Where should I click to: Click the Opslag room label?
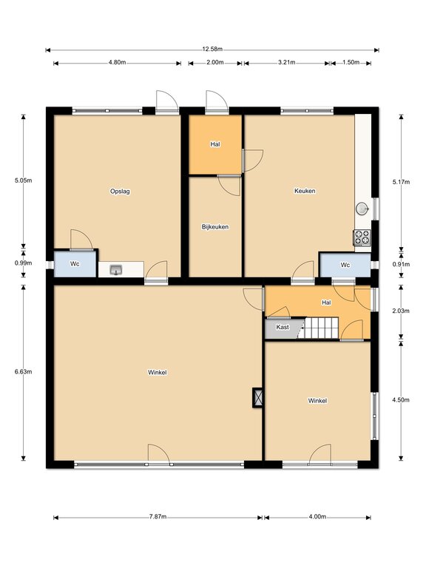tap(120, 192)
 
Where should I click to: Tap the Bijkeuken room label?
tap(215, 227)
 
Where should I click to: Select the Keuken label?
tap(305, 191)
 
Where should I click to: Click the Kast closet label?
tap(283, 327)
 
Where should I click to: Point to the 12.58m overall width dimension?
tap(212, 50)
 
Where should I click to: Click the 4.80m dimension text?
tap(117, 62)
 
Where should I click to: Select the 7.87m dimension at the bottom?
tap(158, 516)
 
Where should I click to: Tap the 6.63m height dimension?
tap(23, 371)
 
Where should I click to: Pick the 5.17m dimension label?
tap(401, 182)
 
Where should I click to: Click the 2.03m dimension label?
tap(401, 311)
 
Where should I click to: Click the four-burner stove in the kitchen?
tap(362, 238)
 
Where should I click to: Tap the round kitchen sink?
tap(362, 209)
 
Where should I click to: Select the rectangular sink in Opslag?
tap(116, 269)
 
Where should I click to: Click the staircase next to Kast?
tap(321, 328)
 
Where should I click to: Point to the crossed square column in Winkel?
tap(258, 398)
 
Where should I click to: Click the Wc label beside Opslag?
tap(75, 264)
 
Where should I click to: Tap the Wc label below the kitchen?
tap(345, 266)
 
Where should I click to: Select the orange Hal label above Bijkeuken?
tap(215, 144)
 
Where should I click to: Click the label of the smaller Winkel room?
tap(317, 401)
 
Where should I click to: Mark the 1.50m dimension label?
tap(351, 62)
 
